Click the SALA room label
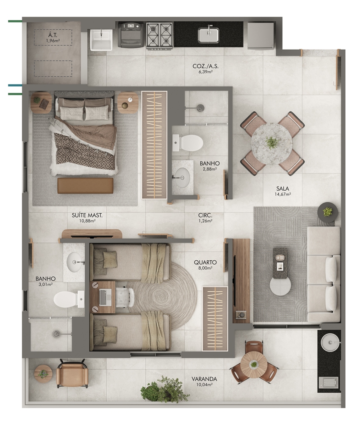point(282,189)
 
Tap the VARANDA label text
point(204,379)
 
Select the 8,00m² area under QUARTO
point(205,268)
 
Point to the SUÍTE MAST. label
point(87,215)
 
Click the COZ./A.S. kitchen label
point(205,66)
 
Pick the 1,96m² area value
point(53,41)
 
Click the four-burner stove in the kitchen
point(160,36)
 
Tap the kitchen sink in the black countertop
point(208,34)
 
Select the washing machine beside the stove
point(131,35)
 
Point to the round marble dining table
point(271,144)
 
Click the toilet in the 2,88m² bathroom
point(188,142)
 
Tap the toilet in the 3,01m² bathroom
point(69,299)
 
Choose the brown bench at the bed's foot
point(86,186)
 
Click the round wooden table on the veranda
point(254,365)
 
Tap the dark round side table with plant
point(327,212)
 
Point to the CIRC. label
point(205,215)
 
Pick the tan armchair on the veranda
point(72,374)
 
